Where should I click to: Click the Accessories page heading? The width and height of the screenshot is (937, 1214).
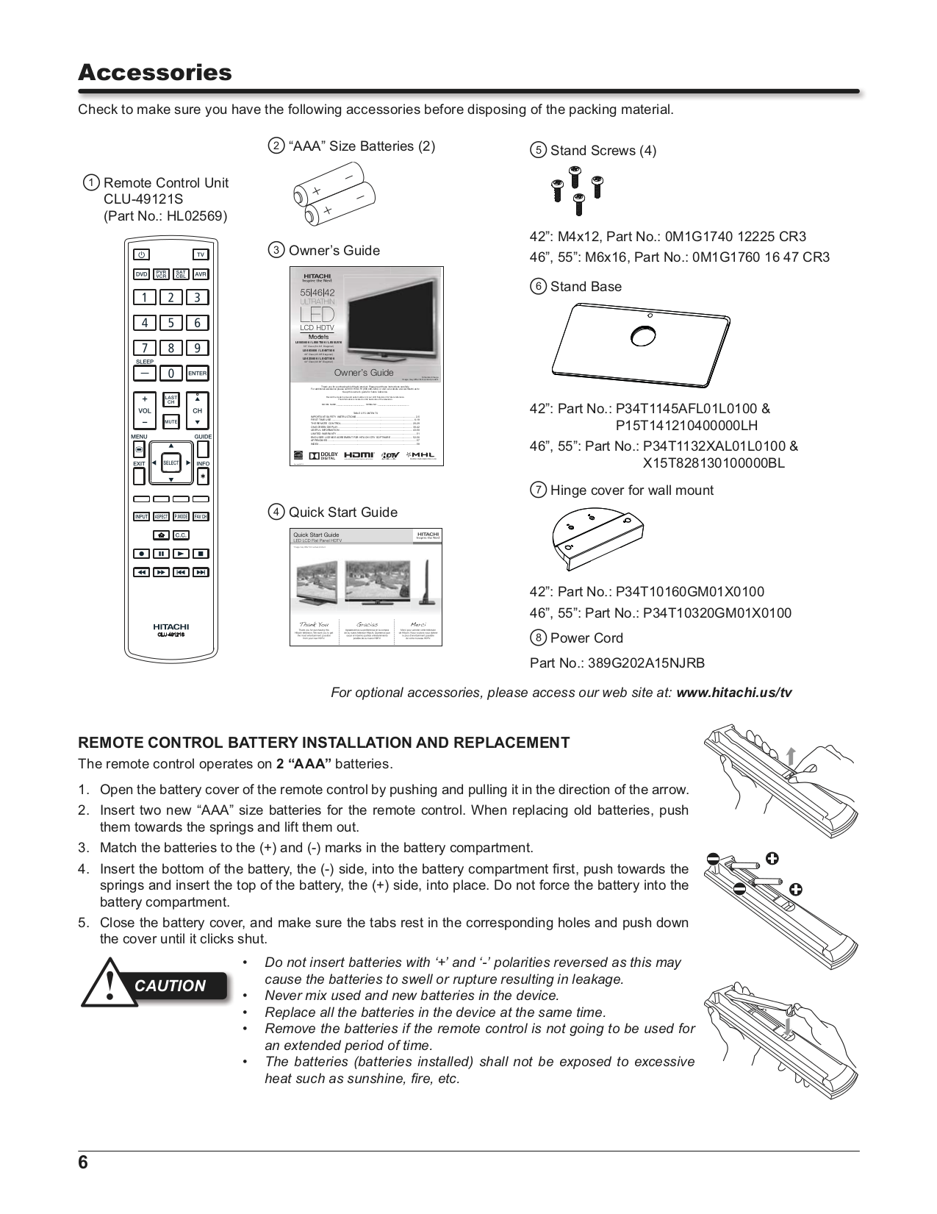coord(154,73)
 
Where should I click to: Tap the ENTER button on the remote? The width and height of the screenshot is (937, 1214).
coord(198,374)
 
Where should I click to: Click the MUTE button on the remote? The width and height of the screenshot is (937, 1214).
coord(171,422)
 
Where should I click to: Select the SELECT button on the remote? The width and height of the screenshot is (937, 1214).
coord(171,463)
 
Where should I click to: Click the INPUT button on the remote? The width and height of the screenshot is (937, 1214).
coord(142,517)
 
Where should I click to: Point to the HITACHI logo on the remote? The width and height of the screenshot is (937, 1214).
coord(170,626)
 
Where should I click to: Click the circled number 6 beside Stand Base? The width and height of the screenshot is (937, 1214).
coord(538,287)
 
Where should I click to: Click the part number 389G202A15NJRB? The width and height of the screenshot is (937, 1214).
coord(646,663)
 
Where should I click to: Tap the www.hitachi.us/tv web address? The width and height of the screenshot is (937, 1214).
coord(733,693)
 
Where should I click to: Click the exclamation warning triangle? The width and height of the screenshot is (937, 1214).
coord(110,983)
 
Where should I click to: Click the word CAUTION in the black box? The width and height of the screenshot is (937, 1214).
coord(170,986)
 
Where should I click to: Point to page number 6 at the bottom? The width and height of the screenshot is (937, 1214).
coord(83,1163)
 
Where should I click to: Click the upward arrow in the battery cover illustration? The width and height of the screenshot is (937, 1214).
coord(791,755)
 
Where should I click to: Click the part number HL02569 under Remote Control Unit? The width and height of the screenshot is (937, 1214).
coord(195,216)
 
